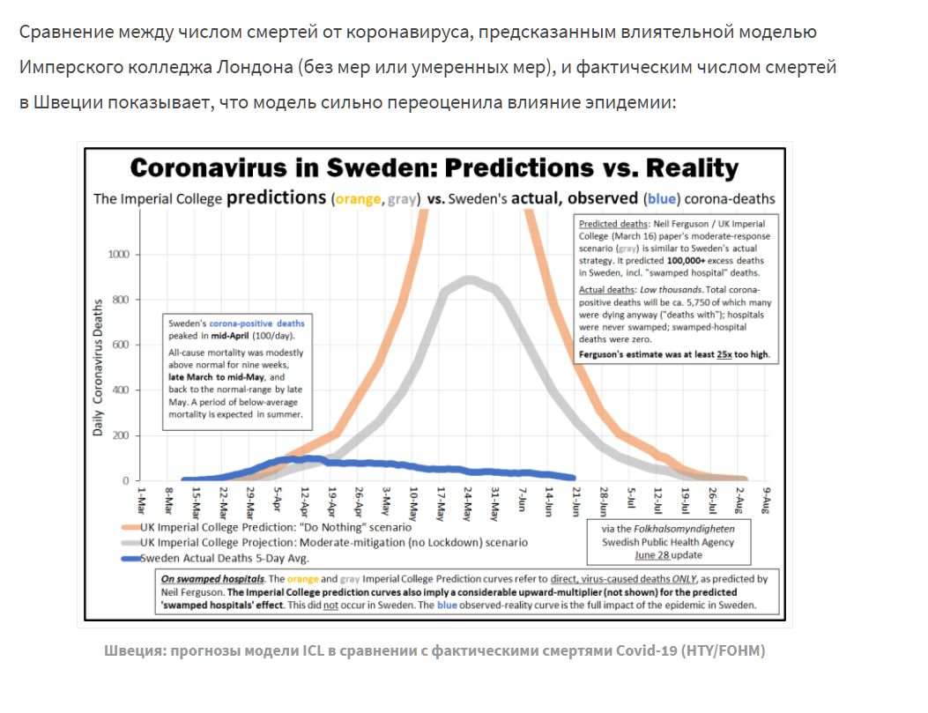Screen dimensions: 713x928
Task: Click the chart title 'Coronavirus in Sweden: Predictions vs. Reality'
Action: click(434, 168)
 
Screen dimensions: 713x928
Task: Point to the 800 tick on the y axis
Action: click(118, 300)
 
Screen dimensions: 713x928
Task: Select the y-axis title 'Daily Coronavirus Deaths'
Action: click(99, 368)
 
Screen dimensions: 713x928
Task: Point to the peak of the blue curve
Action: click(291, 458)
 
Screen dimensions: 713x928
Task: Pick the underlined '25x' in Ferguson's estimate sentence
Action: click(726, 355)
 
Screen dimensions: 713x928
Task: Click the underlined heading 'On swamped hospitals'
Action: click(212, 579)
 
